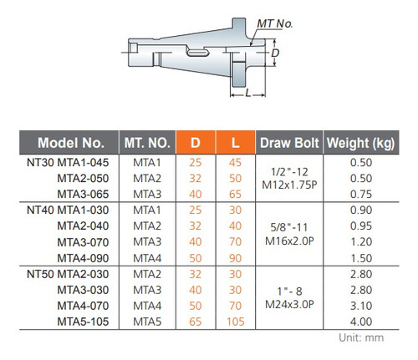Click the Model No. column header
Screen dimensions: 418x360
[71, 143]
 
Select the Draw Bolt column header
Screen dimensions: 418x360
[289, 143]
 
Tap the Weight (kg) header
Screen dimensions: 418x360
[361, 143]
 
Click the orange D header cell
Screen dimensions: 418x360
[196, 143]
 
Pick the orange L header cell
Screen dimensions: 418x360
[236, 143]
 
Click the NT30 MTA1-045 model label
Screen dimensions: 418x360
[68, 163]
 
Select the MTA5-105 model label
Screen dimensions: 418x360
[83, 322]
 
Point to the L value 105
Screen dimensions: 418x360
[236, 322]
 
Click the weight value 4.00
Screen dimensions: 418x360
[361, 322]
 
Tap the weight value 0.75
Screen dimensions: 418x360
[361, 194]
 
